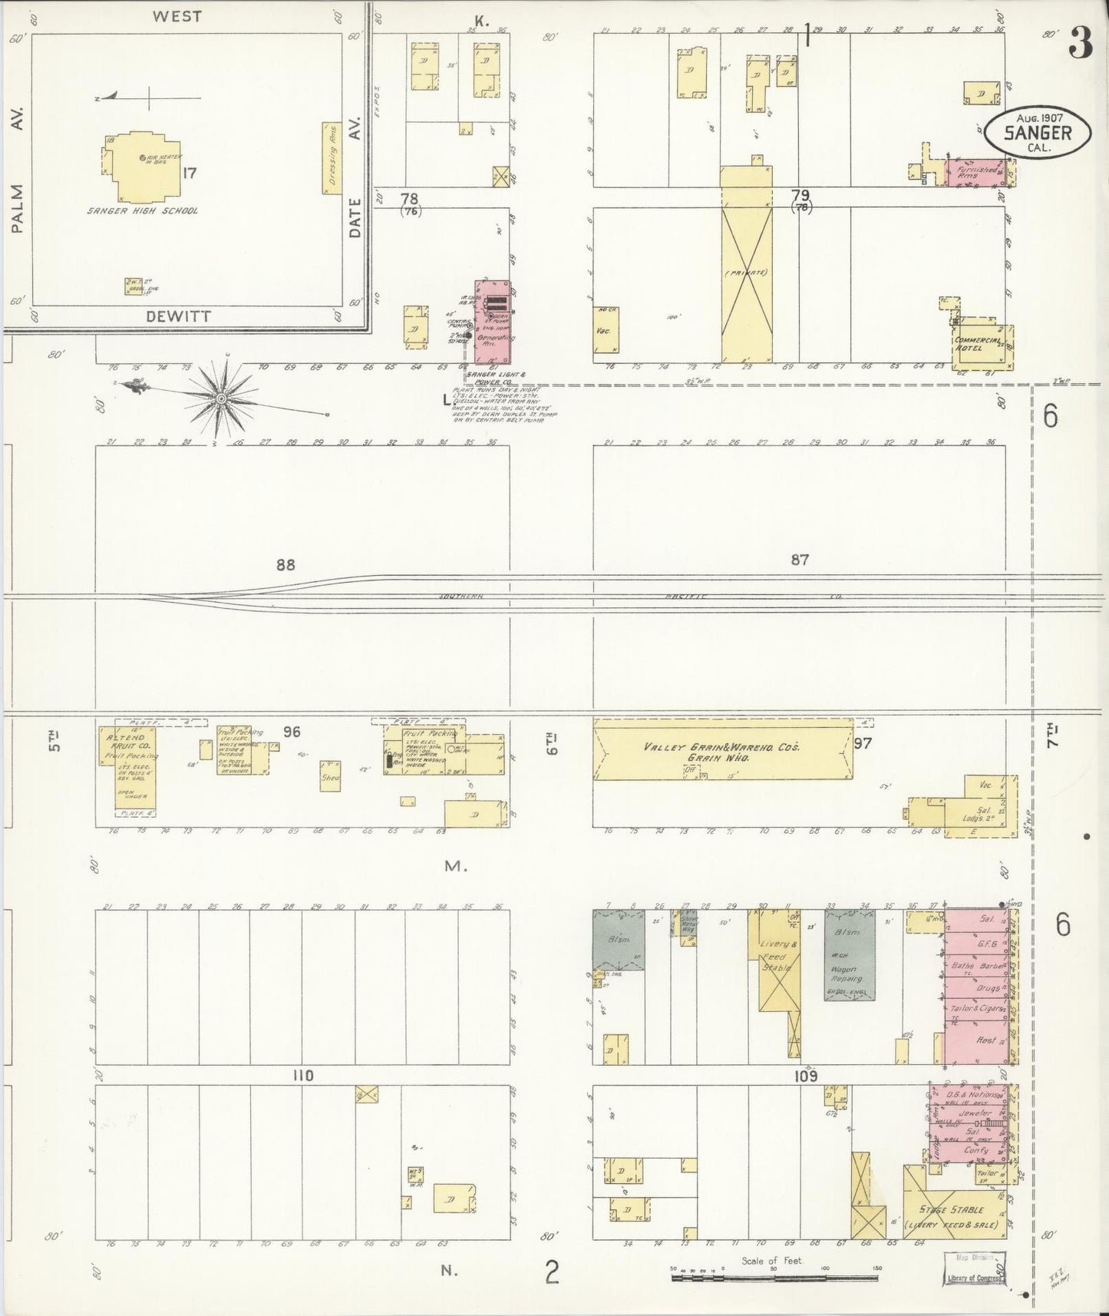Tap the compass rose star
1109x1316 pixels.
click(222, 398)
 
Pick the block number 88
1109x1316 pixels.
click(286, 565)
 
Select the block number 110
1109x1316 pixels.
click(303, 1076)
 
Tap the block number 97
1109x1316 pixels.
click(863, 743)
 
